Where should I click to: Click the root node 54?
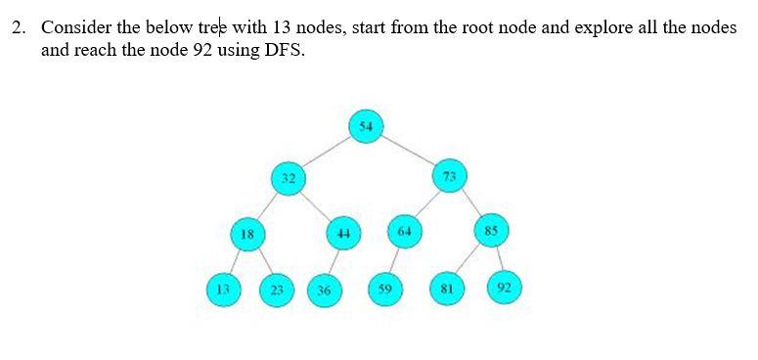365,127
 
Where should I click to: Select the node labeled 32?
288,179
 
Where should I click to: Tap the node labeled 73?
449,177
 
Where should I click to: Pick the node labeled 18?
247,235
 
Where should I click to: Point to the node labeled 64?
403,232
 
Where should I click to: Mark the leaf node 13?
222,289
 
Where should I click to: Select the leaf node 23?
277,290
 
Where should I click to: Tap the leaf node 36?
324,291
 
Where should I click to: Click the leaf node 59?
385,289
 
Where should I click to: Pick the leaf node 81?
446,290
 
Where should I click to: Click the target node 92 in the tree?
504,288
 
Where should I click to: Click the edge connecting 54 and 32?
327,153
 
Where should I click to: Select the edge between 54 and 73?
407,152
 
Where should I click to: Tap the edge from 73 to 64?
426,204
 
